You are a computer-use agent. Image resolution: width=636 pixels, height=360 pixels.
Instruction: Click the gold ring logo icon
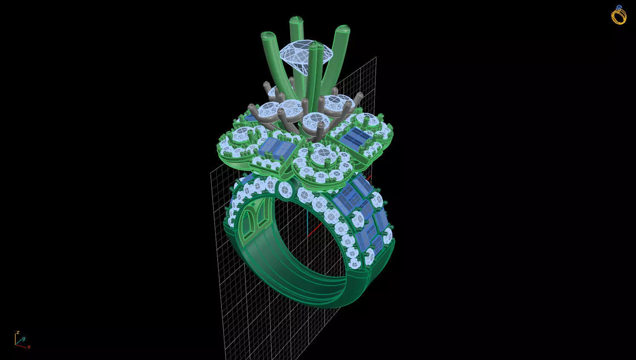click(x=619, y=15)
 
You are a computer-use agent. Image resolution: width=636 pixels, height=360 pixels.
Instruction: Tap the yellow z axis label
click(x=17, y=331)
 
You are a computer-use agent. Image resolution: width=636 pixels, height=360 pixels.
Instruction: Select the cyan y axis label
click(x=23, y=338)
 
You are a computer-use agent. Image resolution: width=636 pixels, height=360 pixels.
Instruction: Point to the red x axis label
click(x=29, y=347)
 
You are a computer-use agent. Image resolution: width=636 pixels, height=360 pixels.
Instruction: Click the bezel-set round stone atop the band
click(x=284, y=188)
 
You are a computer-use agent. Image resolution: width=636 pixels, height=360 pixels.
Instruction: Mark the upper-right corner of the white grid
click(x=376, y=57)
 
